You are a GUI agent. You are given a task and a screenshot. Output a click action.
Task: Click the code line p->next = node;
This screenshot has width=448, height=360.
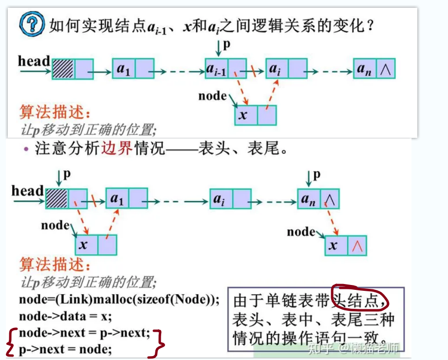coord(65,349)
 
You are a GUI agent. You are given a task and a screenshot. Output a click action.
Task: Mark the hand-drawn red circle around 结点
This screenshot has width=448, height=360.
coord(360,297)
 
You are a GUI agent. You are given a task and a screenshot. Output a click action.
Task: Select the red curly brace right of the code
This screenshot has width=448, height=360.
coord(159,343)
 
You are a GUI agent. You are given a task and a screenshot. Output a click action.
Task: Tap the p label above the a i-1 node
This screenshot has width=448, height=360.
coord(226,45)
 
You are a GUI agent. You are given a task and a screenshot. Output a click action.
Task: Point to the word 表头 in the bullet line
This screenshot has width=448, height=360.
coord(214,149)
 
